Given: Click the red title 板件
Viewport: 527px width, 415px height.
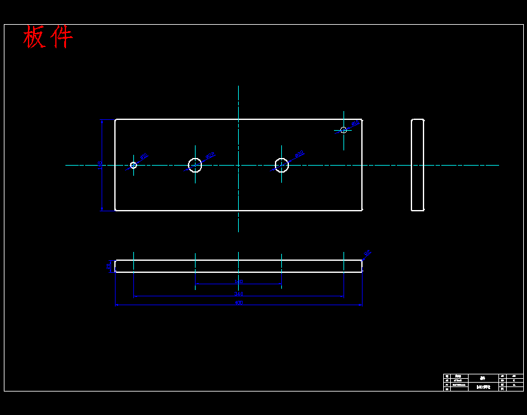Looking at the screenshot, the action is coord(48,37).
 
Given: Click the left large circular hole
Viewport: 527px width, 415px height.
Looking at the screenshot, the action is coord(195,165).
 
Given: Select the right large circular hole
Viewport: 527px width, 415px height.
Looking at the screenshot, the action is coord(282,165).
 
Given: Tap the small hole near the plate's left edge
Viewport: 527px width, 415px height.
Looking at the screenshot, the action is coord(133,165).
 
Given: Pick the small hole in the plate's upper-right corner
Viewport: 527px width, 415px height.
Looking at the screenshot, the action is coord(344,130).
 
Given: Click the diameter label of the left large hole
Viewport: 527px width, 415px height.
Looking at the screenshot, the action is coord(211,154).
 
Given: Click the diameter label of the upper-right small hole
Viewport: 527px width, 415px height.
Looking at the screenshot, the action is coord(356,124).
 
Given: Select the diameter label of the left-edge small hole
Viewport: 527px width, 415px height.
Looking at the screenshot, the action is coord(144,156).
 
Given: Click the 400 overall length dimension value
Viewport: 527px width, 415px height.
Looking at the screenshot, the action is coord(239,303).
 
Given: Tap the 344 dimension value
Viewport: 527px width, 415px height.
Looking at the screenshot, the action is coord(239,294).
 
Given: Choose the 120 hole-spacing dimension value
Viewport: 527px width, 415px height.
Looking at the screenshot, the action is coord(239,282).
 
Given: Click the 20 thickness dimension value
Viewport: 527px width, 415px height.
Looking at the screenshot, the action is coord(109,266).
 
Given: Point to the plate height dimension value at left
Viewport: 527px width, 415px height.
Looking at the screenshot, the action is coord(100,164).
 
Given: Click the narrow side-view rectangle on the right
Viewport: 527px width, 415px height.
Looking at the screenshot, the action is coord(417,165).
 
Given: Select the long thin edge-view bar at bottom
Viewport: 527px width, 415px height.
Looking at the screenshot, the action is coord(238,266).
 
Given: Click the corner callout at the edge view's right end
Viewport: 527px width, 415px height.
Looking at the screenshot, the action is coord(367,253).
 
